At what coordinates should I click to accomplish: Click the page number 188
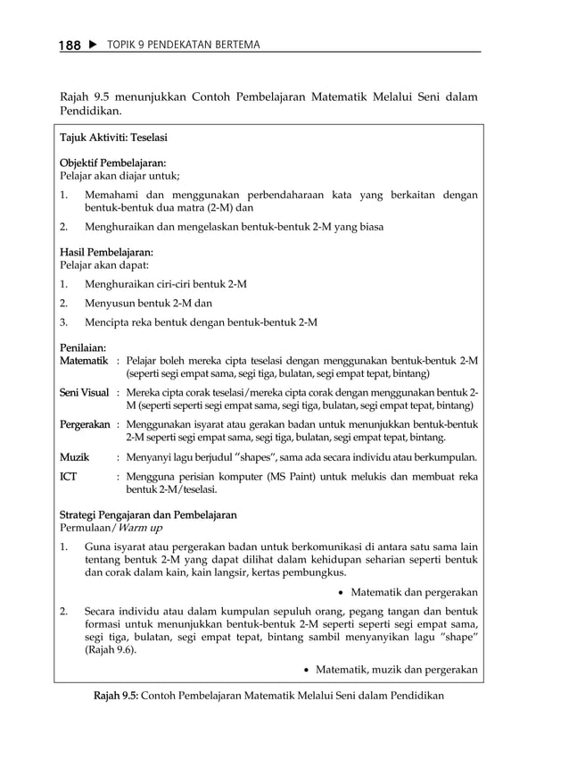70,45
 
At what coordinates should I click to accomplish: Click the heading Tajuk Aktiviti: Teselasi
113,138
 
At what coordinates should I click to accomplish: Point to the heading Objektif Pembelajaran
112,163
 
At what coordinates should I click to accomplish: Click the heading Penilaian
83,347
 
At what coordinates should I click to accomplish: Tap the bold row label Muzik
74,457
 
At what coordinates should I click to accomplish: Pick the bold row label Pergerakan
85,425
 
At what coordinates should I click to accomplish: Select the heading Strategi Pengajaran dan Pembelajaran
148,514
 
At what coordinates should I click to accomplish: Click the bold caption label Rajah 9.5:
115,695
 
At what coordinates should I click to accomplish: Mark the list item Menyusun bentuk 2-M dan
148,303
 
